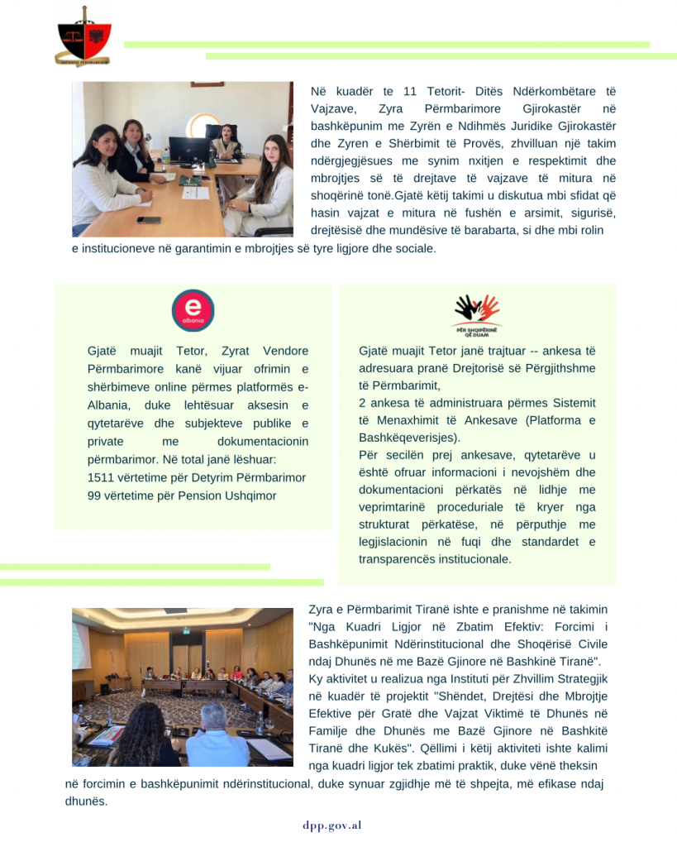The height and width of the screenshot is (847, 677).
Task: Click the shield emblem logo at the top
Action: [83, 36]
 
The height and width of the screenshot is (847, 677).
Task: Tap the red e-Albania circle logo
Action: [193, 310]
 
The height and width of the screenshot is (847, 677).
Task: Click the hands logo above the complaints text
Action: [477, 310]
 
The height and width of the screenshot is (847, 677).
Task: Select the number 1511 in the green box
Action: [100, 478]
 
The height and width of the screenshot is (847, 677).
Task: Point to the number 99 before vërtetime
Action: [93, 495]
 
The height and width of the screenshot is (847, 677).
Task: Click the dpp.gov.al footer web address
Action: [331, 825]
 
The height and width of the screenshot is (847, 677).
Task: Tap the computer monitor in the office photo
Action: [188, 150]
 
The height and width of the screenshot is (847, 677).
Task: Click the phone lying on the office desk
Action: [148, 220]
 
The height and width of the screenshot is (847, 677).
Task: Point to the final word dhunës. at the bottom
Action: [86, 801]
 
